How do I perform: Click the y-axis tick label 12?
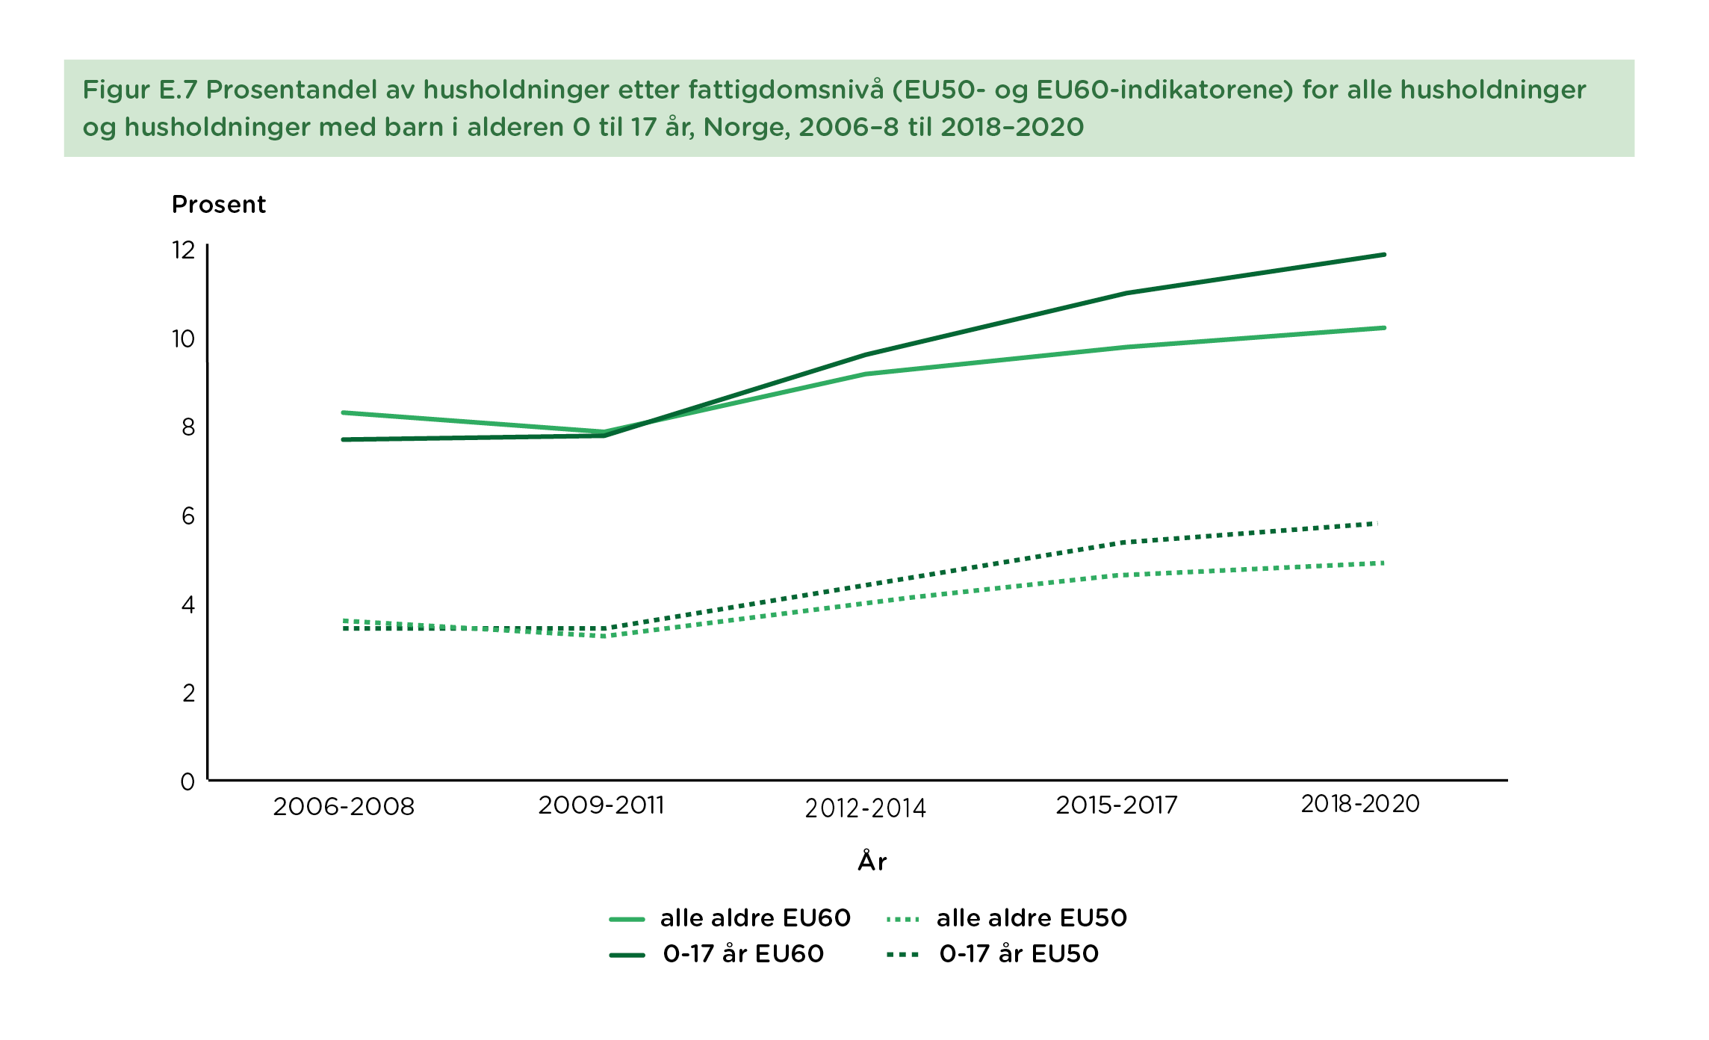point(183,250)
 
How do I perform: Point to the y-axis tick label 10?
point(183,339)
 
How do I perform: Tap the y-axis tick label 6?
point(187,516)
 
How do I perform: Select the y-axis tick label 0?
point(187,782)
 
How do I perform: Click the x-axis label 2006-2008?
point(344,807)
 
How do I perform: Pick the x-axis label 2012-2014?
point(865,808)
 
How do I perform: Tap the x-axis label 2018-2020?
point(1360,804)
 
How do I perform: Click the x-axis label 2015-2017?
point(1117,805)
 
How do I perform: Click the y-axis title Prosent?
point(219,205)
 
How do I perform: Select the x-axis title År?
point(872,861)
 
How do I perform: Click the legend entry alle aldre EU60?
point(754,918)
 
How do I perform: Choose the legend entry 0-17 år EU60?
point(743,954)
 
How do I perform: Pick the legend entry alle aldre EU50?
point(1031,918)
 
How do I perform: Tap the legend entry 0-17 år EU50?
point(1019,954)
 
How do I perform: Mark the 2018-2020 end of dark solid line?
point(1384,255)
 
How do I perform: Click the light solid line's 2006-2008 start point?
point(344,412)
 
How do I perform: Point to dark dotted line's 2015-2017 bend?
point(1124,542)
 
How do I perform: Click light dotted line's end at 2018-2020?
point(1383,563)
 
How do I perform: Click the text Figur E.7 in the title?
point(139,90)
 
